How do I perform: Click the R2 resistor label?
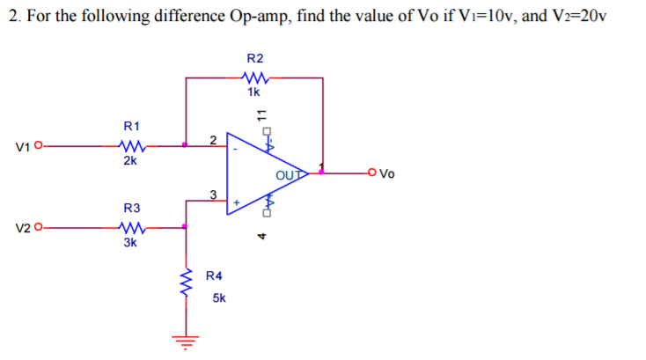coord(254,57)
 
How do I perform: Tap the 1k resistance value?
coord(254,92)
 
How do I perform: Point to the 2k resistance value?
coord(129,161)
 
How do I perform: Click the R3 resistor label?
coord(130,208)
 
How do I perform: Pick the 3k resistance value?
coord(129,242)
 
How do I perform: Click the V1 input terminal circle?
coord(39,146)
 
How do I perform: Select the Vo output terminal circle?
coord(373,173)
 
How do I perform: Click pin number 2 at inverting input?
coord(211,138)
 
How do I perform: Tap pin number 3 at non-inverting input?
coord(212,194)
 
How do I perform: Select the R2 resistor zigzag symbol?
coord(254,77)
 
